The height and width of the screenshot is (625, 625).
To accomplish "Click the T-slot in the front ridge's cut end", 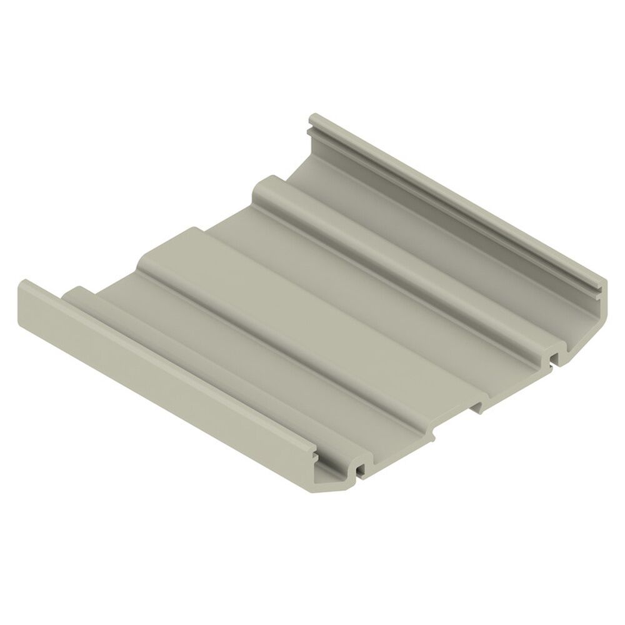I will [359, 467].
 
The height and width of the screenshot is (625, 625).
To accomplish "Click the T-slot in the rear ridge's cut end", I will [552, 357].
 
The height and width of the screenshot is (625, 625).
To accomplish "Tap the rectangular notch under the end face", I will [477, 407].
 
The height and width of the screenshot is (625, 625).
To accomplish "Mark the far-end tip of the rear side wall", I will [316, 119].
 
